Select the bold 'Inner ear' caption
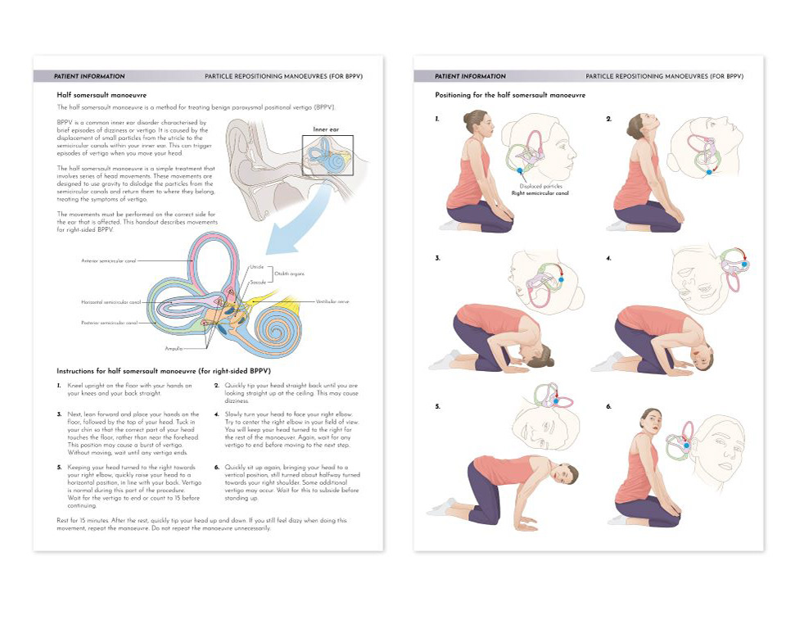(326, 129)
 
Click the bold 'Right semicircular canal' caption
(540, 193)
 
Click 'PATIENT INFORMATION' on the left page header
(89, 76)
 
